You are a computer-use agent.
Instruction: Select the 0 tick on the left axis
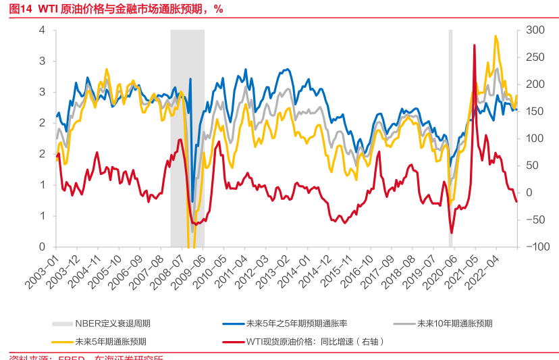click(x=42, y=247)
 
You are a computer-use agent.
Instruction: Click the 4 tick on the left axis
click(x=42, y=30)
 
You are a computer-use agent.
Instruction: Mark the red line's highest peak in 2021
click(x=475, y=45)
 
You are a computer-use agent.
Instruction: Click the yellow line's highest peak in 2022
click(x=496, y=36)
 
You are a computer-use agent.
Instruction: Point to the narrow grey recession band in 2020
click(x=450, y=135)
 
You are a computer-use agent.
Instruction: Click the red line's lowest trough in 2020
click(x=452, y=232)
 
